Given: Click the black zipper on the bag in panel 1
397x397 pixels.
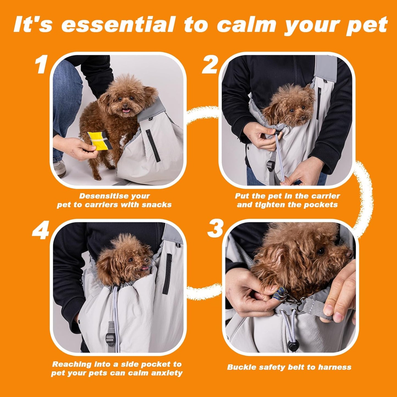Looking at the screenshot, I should click(x=153, y=146).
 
